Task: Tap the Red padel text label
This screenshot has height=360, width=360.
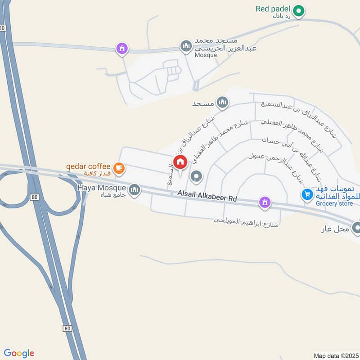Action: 273,9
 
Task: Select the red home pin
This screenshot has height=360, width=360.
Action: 180,162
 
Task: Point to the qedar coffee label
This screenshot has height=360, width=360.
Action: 88,166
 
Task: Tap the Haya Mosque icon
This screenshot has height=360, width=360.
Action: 134,190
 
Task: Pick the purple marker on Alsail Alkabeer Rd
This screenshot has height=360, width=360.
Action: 265,203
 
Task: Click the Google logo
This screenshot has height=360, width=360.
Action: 19,353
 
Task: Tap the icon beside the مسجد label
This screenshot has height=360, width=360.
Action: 222,103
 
